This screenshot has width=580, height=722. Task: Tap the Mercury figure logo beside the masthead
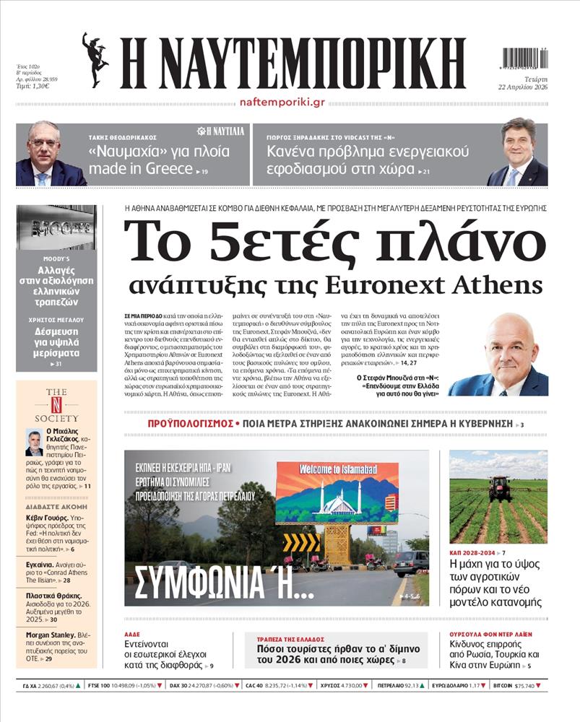point(95,59)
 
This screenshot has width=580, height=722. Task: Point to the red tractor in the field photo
point(500,489)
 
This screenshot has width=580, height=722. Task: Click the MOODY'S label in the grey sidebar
point(56,258)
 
